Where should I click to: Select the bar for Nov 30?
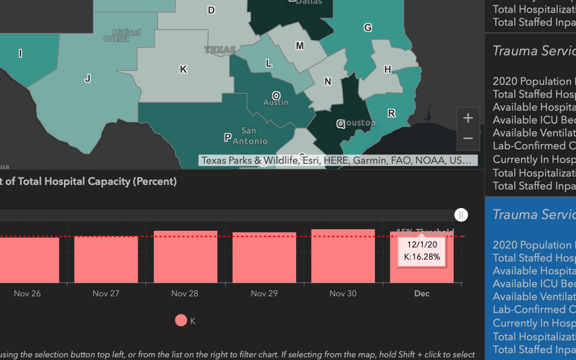[x=343, y=256]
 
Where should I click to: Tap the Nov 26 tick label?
[x=27, y=293]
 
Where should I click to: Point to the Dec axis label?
[x=422, y=293]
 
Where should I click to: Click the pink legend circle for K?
[x=181, y=320]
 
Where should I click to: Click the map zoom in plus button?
[x=468, y=118]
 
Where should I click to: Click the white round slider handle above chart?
[x=461, y=215]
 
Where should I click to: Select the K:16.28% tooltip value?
[x=422, y=257]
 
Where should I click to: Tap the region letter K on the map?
[x=183, y=69]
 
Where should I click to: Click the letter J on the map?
[x=87, y=78]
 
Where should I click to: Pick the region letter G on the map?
[x=368, y=28]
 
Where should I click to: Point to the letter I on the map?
[x=21, y=53]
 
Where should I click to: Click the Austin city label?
[x=276, y=103]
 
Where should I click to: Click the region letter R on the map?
[x=391, y=113]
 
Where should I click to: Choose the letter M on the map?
[x=300, y=46]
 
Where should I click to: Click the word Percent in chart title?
[x=154, y=181]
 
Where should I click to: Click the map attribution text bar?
[x=338, y=160]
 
